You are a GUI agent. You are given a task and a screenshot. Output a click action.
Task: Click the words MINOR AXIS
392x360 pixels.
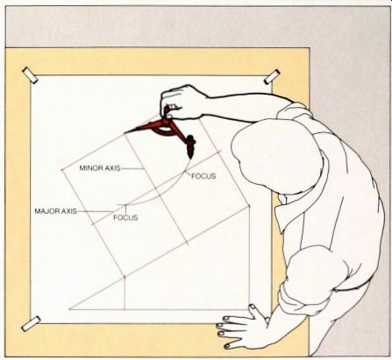click(100, 168)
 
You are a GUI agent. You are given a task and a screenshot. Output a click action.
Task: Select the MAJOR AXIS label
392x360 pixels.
click(56, 211)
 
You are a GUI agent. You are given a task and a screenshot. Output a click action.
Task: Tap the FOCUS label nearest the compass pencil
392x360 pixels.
click(203, 176)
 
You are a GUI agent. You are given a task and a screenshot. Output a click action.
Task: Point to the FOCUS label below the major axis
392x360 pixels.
click(125, 218)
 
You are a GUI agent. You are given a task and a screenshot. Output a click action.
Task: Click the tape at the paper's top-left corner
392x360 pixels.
click(30, 75)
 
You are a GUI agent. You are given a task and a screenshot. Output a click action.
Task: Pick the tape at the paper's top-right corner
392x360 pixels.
click(272, 77)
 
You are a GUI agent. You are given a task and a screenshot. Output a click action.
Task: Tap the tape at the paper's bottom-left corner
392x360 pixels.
click(31, 323)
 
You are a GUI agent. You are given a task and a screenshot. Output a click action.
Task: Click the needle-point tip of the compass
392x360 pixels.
click(125, 133)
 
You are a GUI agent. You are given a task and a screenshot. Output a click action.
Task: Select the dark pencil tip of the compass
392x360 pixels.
click(190, 156)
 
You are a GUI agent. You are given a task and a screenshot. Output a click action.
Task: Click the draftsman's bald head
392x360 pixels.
click(276, 156)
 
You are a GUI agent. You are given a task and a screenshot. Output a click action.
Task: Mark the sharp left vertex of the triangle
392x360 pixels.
click(70, 308)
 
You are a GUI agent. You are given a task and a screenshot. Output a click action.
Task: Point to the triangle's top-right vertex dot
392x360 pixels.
click(249, 206)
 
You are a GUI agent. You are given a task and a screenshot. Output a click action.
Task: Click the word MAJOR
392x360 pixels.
click(45, 211)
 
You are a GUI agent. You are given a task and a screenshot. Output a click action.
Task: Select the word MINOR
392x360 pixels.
click(89, 168)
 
